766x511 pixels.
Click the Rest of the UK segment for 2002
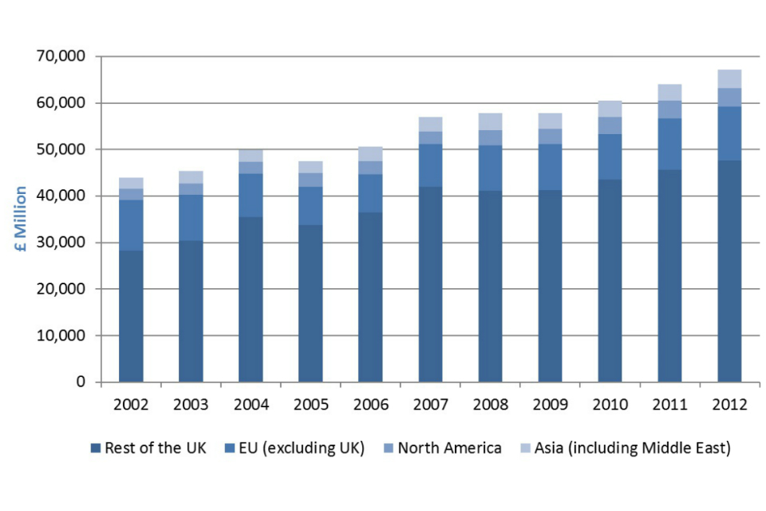[131, 316]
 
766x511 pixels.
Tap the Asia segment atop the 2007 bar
[430, 124]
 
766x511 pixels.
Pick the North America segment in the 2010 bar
[610, 125]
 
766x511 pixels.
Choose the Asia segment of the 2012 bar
[729, 78]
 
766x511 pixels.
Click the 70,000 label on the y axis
[61, 57]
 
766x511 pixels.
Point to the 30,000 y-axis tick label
[61, 243]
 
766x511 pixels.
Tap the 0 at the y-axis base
[81, 382]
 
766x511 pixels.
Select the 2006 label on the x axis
[370, 405]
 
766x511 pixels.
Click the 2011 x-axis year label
[669, 405]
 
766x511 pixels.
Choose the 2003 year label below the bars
[191, 405]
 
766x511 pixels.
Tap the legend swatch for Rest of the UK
[97, 448]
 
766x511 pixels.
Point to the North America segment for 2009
[550, 136]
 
